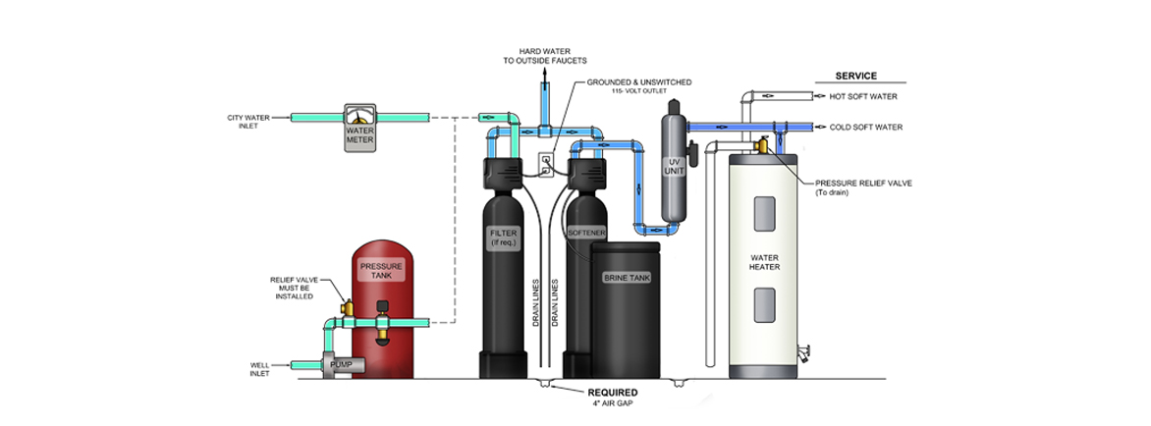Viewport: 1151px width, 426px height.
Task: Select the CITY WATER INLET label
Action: coord(250,122)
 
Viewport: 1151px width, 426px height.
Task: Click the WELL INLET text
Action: coord(262,370)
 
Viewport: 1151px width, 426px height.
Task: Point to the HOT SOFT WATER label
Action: coord(863,97)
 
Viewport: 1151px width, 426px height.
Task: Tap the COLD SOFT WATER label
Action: coord(865,128)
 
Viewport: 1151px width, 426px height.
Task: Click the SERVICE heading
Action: coord(855,76)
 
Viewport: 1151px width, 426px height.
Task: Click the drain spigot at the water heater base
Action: coord(806,349)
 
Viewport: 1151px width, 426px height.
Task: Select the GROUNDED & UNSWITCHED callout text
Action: coord(638,82)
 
